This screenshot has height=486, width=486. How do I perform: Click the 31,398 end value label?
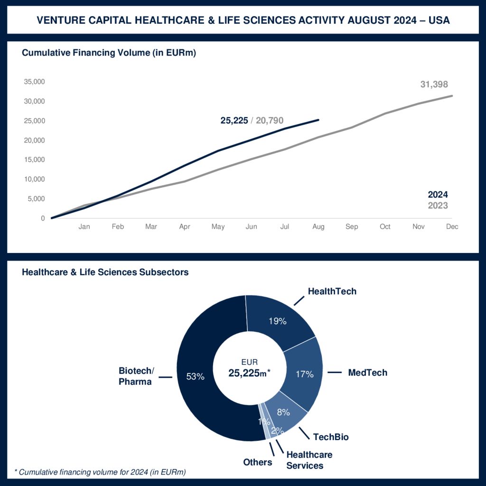click(x=434, y=84)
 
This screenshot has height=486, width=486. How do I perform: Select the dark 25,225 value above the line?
click(x=234, y=121)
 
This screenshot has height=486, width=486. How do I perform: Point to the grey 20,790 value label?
click(x=270, y=121)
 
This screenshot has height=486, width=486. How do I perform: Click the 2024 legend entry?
click(x=438, y=195)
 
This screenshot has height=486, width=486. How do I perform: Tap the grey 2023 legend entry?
click(x=438, y=206)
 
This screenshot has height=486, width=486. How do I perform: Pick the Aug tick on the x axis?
click(x=318, y=227)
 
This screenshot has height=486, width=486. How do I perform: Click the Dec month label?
click(x=452, y=227)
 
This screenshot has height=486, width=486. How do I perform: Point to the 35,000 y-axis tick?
click(x=34, y=82)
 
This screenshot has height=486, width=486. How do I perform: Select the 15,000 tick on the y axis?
click(x=34, y=159)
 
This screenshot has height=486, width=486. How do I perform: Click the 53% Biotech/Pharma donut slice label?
click(x=196, y=377)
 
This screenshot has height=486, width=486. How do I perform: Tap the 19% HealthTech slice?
click(x=277, y=321)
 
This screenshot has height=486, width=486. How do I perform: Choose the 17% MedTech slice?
click(x=304, y=374)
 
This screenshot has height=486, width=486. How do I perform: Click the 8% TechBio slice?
click(x=283, y=412)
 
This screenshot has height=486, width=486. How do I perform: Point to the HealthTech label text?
click(x=332, y=291)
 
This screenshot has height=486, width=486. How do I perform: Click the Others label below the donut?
click(x=258, y=462)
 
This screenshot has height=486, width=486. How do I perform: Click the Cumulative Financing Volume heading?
click(x=109, y=53)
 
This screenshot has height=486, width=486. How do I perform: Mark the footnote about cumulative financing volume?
click(x=100, y=472)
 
